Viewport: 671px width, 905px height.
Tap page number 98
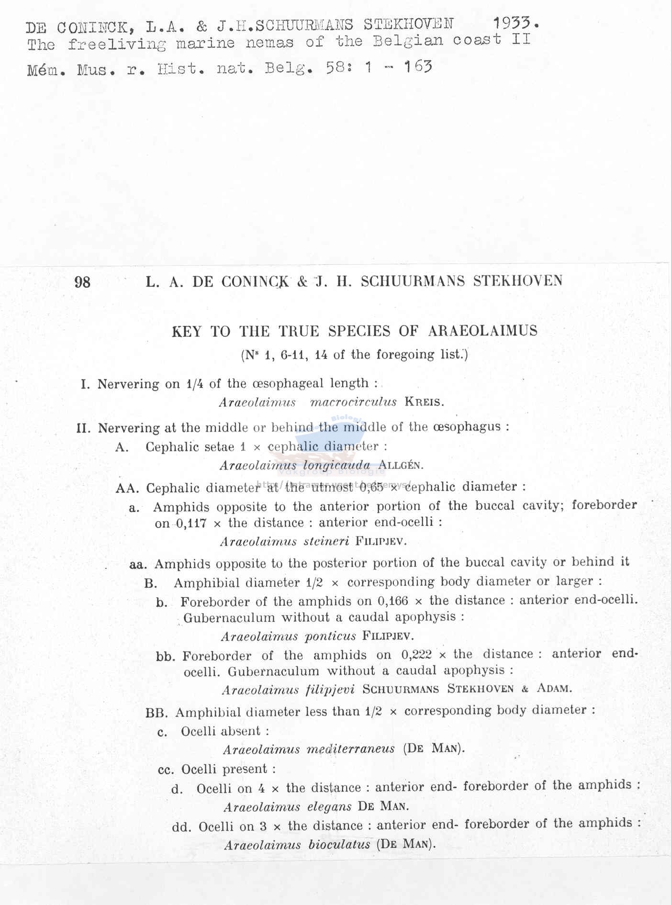[x=82, y=282]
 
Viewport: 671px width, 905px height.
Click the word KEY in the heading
[x=187, y=332]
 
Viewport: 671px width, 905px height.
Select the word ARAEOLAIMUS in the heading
[x=482, y=331]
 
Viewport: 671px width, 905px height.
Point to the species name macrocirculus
[x=353, y=402]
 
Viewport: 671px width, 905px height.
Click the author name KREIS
[x=424, y=402]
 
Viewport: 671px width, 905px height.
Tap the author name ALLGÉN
[x=401, y=465]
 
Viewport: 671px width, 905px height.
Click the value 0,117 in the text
[x=191, y=524]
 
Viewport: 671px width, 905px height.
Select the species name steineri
[x=326, y=542]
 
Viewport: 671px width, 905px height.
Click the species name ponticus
[x=330, y=636]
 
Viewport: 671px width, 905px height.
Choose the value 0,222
[x=416, y=655]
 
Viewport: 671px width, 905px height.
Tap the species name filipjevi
[x=330, y=690]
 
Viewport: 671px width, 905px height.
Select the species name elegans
[x=329, y=807]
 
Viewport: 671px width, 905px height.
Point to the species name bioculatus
[x=339, y=845]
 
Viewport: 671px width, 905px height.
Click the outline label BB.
[x=157, y=713]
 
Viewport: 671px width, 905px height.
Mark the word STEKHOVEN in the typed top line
[x=408, y=24]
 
